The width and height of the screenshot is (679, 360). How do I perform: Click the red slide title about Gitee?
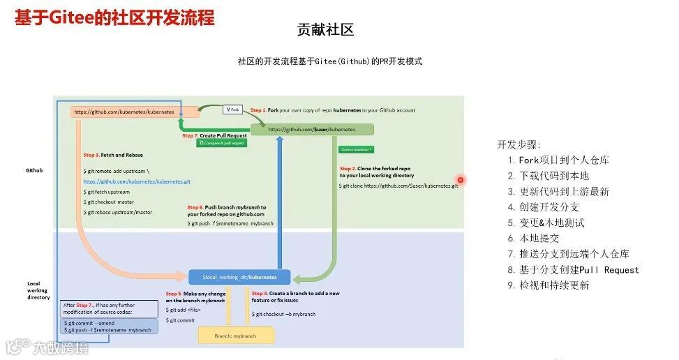(114, 17)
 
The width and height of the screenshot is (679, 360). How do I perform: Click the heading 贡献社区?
(326, 29)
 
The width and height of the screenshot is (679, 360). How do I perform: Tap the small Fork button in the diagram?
(233, 110)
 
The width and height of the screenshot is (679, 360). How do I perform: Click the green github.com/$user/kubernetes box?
(312, 129)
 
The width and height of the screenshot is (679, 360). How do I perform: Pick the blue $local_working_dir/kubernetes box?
(239, 277)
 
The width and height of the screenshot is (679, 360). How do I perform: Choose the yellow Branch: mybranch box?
(236, 336)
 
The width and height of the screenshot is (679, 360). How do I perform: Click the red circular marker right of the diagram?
(461, 180)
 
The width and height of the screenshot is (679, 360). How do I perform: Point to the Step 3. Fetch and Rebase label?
(114, 155)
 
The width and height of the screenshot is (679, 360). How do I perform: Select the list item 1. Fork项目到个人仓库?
(558, 160)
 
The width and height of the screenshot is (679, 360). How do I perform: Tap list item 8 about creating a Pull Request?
(574, 270)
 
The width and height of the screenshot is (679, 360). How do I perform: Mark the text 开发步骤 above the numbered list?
(518, 144)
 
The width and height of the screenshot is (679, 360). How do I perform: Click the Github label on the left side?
(34, 170)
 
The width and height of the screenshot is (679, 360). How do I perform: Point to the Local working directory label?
(38, 290)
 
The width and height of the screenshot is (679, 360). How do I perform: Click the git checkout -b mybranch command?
(286, 315)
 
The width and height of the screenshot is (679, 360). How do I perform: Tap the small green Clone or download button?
(356, 149)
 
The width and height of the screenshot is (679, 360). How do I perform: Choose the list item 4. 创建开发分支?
(544, 207)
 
